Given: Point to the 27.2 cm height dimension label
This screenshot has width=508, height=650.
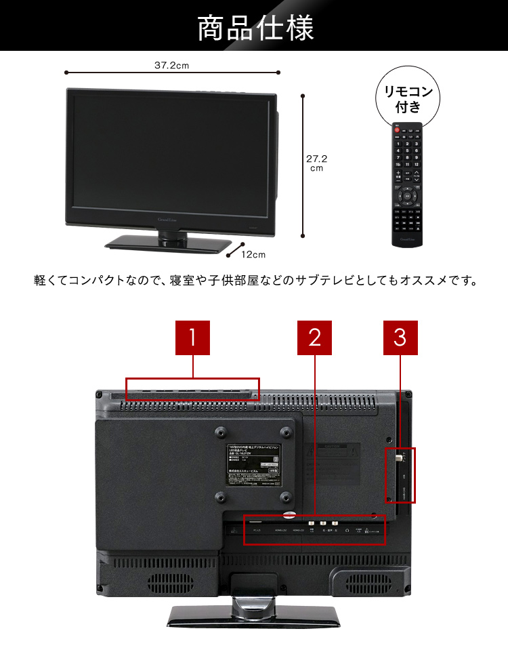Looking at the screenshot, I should coord(316,163).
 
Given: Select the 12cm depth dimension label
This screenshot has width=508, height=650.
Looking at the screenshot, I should coord(253,254).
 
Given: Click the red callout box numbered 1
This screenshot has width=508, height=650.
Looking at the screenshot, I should coord(192,338).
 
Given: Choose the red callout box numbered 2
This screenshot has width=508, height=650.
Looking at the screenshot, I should coord(314,338).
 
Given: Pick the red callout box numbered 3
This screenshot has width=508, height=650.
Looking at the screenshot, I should coord(400,338).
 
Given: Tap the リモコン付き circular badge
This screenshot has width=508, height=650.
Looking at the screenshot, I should coord(408,98).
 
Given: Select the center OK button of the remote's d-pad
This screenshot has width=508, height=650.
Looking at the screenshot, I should coord(406,197).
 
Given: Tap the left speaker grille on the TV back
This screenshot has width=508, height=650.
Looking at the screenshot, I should coord(163,582).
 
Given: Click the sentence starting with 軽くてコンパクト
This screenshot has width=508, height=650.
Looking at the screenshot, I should coord(255,280).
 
